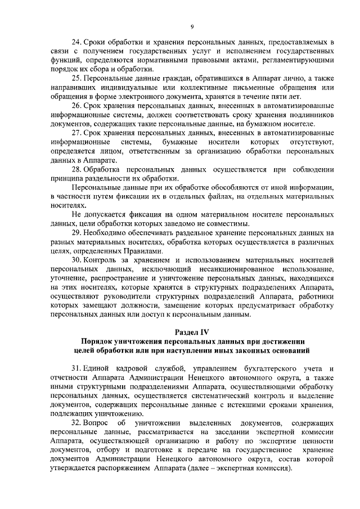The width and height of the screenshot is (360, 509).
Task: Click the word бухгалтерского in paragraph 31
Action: (252, 367)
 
